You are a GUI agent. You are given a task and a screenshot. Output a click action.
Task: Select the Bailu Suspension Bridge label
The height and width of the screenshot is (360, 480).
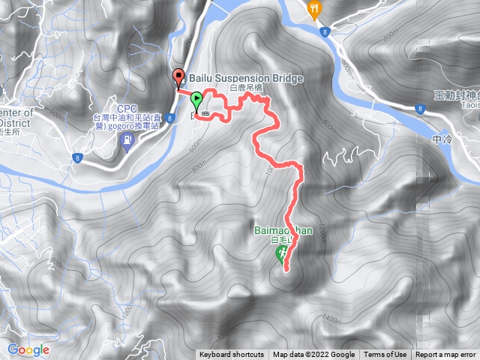click(x=246, y=78)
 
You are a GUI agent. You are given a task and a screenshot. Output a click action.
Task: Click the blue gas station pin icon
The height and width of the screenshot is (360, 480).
click(x=127, y=140)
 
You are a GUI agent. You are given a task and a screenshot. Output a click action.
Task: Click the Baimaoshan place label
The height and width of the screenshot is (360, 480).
click(x=283, y=231)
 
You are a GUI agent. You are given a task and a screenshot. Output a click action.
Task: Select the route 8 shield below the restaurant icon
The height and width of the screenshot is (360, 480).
click(x=325, y=32)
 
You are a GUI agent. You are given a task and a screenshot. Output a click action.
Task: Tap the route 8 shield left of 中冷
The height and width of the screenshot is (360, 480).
click(x=418, y=109)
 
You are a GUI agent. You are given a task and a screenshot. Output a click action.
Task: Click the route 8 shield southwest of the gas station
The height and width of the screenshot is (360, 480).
click(x=76, y=157)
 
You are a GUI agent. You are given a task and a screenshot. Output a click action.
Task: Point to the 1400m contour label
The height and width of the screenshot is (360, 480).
click(x=330, y=319)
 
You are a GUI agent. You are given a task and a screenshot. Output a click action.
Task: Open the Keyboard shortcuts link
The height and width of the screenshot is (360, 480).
click(x=232, y=355)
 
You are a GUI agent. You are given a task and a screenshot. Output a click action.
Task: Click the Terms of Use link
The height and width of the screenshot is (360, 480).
click(x=385, y=355)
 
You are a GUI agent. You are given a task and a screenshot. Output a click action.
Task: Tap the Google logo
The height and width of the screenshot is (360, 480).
click(x=28, y=349)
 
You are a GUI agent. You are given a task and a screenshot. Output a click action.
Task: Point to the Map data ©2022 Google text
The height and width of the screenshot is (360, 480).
click(x=313, y=355)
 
